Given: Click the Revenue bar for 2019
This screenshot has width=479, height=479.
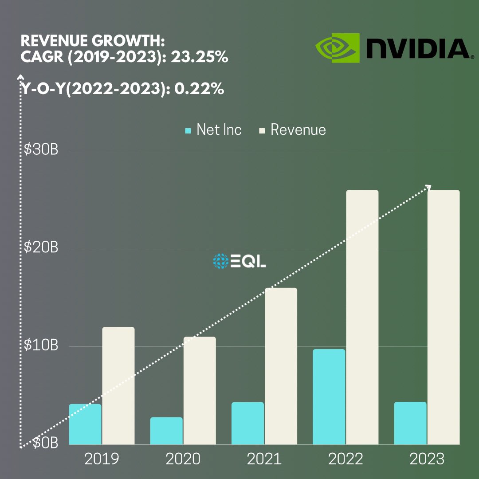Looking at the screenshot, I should [x=118, y=385].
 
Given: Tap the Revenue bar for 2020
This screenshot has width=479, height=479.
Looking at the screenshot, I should [x=200, y=390].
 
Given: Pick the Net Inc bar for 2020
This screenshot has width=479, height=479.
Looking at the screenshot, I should [x=166, y=431].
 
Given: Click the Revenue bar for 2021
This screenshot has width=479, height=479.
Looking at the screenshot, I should [x=281, y=366].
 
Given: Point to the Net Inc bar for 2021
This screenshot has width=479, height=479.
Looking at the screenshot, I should [x=247, y=423].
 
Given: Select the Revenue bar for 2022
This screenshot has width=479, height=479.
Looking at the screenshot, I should [x=362, y=317].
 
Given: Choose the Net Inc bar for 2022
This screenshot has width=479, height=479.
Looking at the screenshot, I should [x=329, y=397].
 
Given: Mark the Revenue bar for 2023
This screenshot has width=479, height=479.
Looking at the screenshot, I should [x=443, y=317].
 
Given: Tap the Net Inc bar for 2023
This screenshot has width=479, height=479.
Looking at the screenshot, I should [x=410, y=423].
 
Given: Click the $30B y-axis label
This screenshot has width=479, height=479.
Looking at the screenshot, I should [x=41, y=150].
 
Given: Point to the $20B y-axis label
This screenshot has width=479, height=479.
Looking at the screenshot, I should [x=41, y=248].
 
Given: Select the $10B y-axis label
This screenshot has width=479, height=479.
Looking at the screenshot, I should [x=41, y=346].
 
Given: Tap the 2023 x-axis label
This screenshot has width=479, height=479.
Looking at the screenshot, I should [x=427, y=459].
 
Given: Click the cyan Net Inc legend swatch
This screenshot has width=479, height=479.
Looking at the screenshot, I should [x=188, y=130].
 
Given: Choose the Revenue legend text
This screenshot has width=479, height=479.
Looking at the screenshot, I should [x=298, y=130].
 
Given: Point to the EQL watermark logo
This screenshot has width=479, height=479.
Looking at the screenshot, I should [x=239, y=261].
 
